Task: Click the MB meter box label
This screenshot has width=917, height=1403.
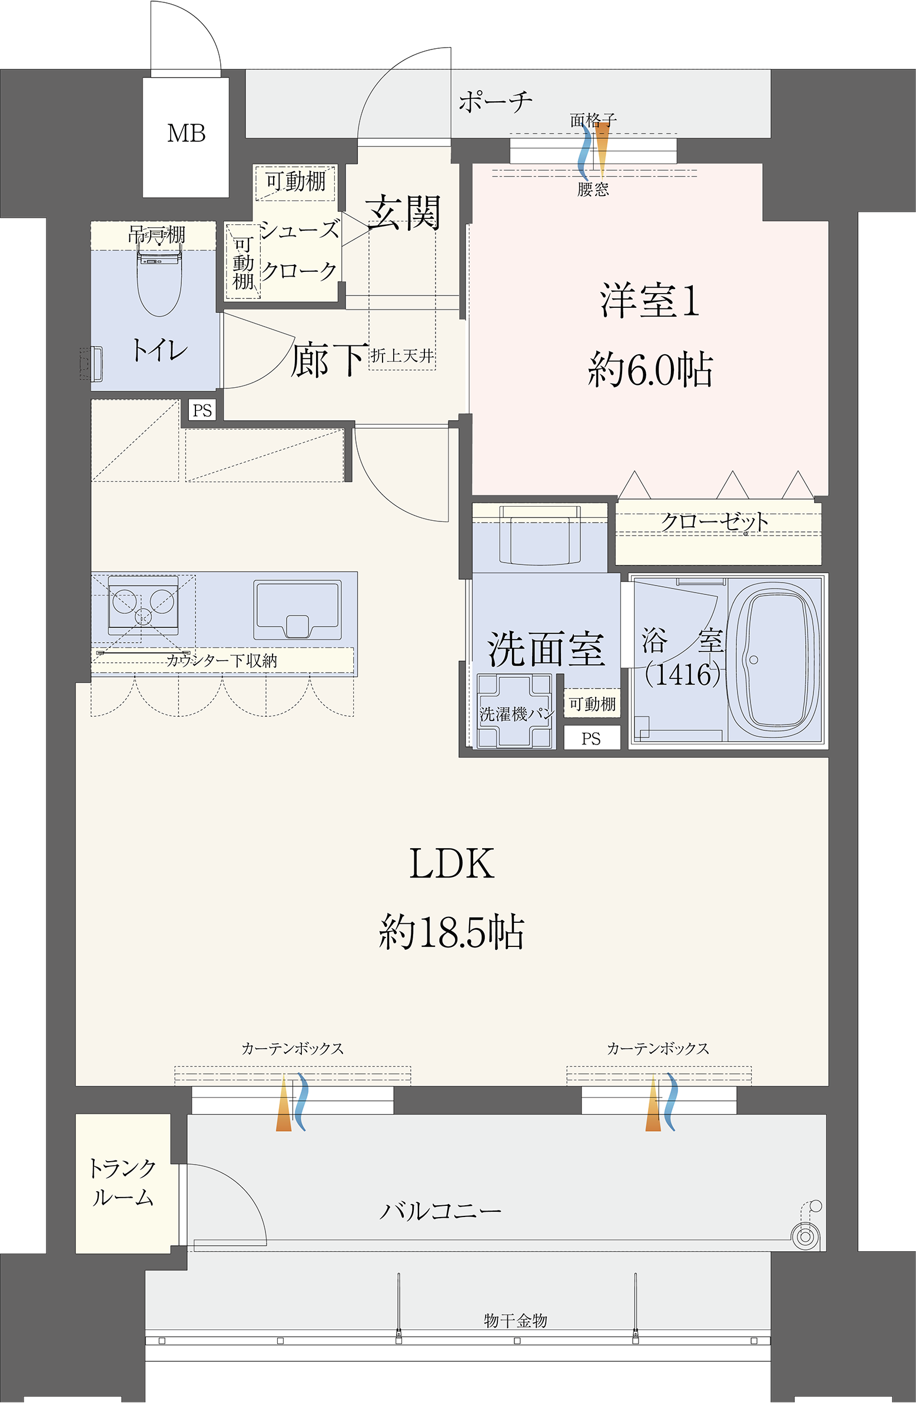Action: pos(187,134)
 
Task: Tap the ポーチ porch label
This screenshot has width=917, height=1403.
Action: pos(496,102)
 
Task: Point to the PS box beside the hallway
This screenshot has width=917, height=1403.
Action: pos(202,410)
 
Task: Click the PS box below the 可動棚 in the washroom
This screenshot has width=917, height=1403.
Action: pos(592,739)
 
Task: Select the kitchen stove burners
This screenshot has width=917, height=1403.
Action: pos(143,603)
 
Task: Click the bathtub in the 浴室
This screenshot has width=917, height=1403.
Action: pos(775,661)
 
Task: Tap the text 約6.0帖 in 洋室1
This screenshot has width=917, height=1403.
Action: pos(650,370)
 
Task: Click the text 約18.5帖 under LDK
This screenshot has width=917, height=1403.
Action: pos(451,932)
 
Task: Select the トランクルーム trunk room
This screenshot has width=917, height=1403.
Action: pos(122,1182)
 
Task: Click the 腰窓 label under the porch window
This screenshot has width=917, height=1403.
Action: pos(593,189)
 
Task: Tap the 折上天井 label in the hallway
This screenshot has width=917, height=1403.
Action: pos(403,355)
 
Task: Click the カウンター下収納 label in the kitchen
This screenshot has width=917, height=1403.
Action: pos(222,660)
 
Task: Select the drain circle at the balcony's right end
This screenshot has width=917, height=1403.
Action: pos(805,1236)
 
